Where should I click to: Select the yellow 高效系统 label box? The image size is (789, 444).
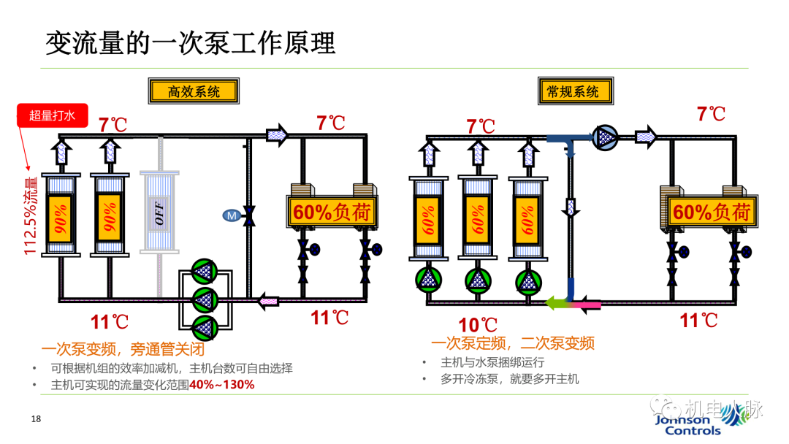coord(194,91)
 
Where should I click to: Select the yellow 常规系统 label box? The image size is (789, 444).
coord(573,91)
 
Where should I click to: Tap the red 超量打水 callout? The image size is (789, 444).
coord(52,115)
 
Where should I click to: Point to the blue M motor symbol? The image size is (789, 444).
coord(232,215)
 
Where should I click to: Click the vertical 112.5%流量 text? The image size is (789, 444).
coord(31,216)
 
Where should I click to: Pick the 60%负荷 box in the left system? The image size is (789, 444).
coord(332,213)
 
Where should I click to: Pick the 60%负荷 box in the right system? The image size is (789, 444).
coord(711,213)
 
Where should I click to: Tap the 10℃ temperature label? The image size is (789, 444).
coord(478,325)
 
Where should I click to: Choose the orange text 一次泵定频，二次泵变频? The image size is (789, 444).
coord(512,343)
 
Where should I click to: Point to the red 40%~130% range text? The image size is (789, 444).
coord(222,384)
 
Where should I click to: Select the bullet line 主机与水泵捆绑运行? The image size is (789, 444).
coord(492,362)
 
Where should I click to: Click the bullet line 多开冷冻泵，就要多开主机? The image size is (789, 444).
coord(509,379)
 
